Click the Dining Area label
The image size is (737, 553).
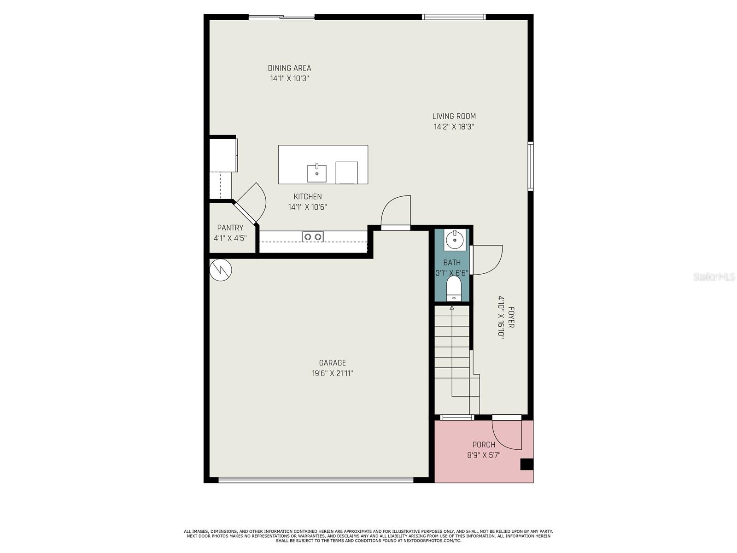click(289, 68)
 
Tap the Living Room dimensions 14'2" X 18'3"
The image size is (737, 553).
click(454, 127)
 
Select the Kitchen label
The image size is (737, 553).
click(308, 197)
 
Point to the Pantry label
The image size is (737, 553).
click(230, 228)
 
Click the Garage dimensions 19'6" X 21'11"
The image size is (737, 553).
click(332, 373)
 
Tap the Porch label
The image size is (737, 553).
click(484, 445)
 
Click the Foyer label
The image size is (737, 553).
click(511, 318)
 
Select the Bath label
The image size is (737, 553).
click(452, 263)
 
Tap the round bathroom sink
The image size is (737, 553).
click(455, 240)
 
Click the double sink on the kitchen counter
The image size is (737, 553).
click(313, 237)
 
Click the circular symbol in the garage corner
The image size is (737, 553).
click(221, 270)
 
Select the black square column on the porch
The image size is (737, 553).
click(526, 465)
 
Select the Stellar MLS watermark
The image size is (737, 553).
click(714, 276)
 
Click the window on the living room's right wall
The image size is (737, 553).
click(531, 166)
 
